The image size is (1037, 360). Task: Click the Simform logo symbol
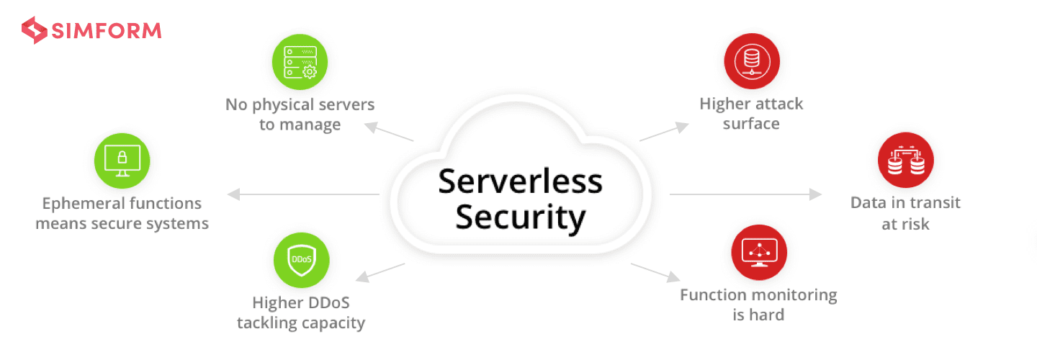coord(35,30)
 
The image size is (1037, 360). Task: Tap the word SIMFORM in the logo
coord(107,31)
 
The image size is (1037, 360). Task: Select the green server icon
coord(300,62)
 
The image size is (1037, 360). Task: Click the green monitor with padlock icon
coord(122,161)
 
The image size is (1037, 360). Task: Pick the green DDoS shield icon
coord(301,260)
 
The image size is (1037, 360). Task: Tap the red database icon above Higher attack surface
coord(752,61)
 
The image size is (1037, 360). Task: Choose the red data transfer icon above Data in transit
coord(905,160)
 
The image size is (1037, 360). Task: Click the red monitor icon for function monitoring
coord(759,253)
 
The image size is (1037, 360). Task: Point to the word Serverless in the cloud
coord(521,181)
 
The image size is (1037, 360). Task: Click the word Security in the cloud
coord(521,217)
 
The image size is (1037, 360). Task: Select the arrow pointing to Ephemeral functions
coord(303,194)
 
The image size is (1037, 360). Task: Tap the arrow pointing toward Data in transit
coord(746,194)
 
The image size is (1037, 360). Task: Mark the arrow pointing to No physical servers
coord(389,132)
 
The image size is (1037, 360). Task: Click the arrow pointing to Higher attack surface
coord(664,132)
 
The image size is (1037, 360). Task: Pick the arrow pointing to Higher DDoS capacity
coord(380,273)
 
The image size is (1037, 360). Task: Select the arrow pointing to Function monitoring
coord(655,273)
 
